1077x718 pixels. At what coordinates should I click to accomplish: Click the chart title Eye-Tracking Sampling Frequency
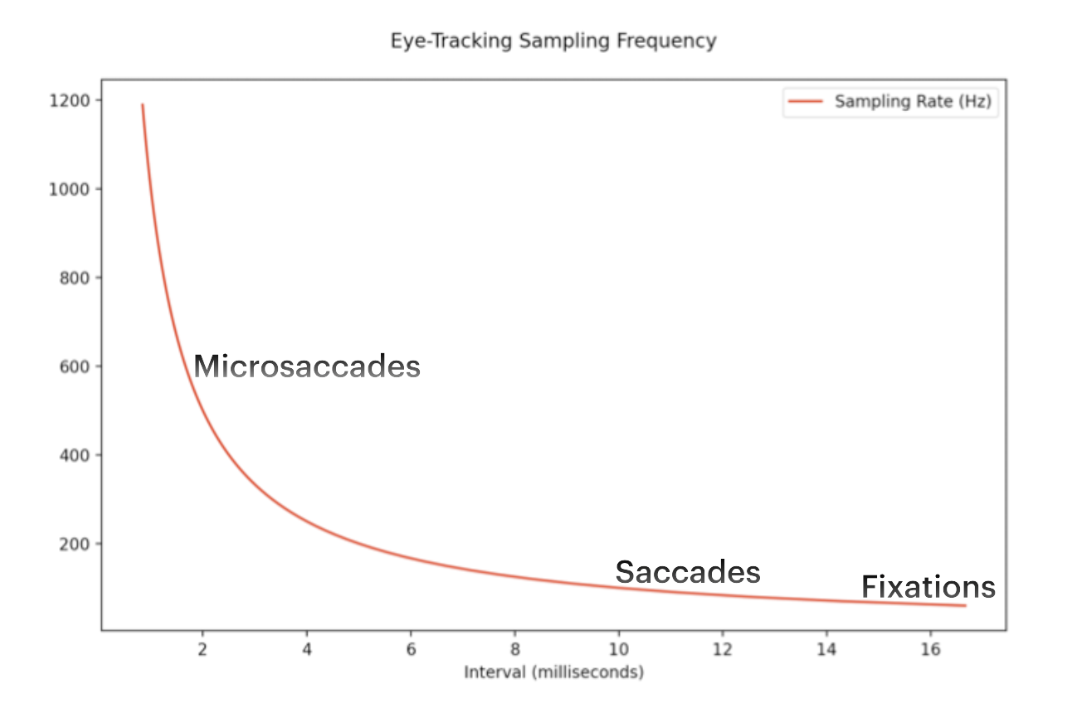coord(553,41)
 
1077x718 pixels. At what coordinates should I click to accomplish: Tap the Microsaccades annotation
coord(307,366)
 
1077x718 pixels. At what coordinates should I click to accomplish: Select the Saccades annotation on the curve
coord(688,572)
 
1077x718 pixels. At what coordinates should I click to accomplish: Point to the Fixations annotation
coord(928,587)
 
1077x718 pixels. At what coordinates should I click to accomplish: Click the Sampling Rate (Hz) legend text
coord(913,101)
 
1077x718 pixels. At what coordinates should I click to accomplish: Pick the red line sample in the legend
coord(806,101)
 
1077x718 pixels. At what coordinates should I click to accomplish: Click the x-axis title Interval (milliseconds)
coord(554,672)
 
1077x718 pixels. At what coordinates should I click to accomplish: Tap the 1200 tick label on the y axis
coord(70,101)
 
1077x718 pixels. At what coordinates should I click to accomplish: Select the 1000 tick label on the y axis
coord(69,189)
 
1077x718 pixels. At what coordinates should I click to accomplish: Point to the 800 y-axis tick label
coord(75,278)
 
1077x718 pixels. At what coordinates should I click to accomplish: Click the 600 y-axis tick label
coord(75,366)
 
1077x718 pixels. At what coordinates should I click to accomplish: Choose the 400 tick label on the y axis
coord(75,455)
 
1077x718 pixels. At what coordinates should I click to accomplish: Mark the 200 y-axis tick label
coord(75,544)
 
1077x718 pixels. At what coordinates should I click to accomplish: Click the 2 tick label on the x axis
coord(202,649)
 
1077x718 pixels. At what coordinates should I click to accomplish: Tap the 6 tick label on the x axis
coord(411,649)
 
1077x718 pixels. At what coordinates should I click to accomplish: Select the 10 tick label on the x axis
coord(619,649)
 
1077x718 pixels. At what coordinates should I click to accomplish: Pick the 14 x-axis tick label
coord(826,649)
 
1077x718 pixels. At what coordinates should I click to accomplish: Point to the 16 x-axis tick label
coord(930,649)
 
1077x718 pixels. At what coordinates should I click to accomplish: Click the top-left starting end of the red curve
coord(143,104)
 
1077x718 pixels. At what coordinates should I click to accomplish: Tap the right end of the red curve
coord(966,605)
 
